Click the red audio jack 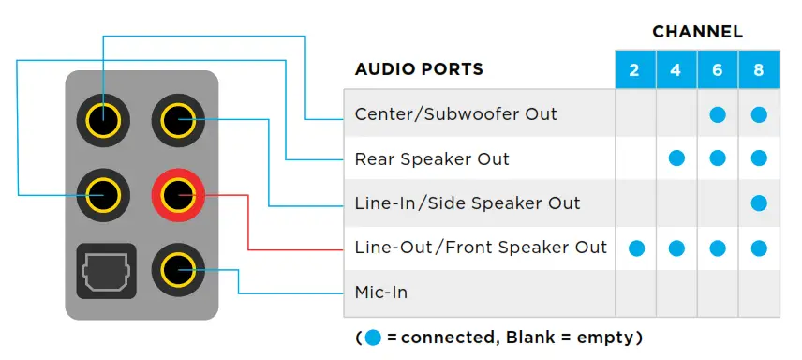coord(178,196)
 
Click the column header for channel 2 coord(635,71)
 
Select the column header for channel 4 coord(676,71)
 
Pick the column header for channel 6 coord(718,71)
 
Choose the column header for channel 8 coord(759,71)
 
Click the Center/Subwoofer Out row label coord(455,114)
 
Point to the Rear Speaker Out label coord(432,158)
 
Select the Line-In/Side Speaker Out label coord(468,203)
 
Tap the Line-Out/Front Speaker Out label coord(481,248)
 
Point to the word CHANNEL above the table coord(697,32)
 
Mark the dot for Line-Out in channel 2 coord(635,248)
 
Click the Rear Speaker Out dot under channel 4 coord(676,158)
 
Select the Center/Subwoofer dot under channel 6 coord(718,114)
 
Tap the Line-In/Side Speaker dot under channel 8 coord(759,203)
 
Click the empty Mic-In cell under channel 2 coord(635,292)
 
